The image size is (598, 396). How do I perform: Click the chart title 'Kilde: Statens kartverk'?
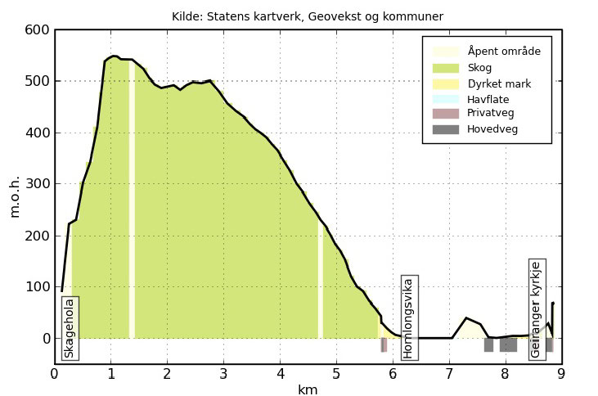pos(308,16)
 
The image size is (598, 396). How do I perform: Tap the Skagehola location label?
pos(70,327)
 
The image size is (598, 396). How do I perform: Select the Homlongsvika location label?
pos(408,317)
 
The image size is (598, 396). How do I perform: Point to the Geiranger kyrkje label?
pos(537,309)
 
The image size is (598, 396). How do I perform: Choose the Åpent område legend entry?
pos(504,52)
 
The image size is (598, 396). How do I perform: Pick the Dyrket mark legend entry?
pos(499,83)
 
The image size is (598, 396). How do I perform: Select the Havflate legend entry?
pos(488,99)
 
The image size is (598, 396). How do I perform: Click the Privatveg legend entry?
pos(491,113)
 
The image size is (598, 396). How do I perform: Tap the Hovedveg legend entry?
pos(492,128)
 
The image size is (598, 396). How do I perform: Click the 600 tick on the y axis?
pos(38,29)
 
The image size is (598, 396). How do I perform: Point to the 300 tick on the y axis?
pos(38,184)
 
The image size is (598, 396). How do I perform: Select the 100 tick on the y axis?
pos(38,287)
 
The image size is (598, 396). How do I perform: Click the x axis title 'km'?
pos(308,389)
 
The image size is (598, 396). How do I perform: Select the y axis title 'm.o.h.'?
pos(15,196)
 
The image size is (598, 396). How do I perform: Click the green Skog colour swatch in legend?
pos(446,68)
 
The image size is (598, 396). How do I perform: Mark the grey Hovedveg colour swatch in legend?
pos(446,128)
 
